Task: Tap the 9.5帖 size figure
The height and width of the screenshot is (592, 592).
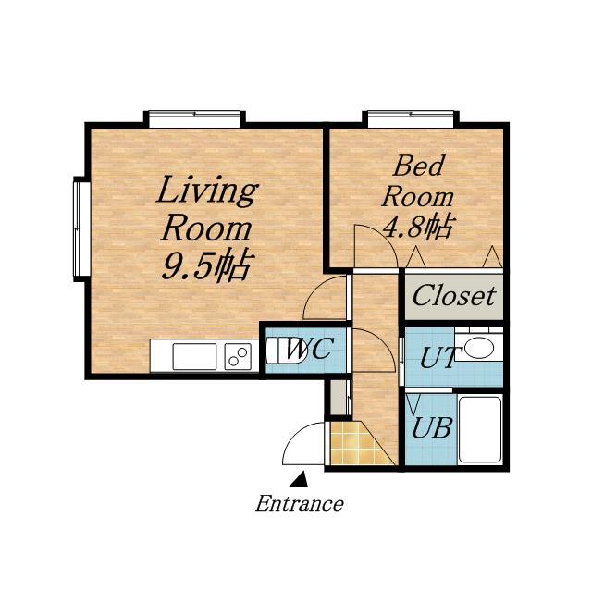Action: click(x=207, y=265)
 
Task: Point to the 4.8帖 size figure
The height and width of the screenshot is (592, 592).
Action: click(x=417, y=226)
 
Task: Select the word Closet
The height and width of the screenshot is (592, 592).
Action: click(x=454, y=296)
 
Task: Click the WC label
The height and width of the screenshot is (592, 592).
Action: click(x=309, y=349)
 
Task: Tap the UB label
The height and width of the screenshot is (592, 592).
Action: click(x=432, y=428)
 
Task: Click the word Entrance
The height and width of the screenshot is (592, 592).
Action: click(x=300, y=503)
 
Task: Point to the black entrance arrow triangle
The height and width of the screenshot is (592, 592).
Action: click(x=300, y=479)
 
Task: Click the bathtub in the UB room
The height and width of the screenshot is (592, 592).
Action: click(x=480, y=429)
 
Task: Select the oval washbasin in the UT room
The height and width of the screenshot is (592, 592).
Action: click(x=479, y=348)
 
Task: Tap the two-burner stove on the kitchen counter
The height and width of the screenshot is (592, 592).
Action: click(x=238, y=356)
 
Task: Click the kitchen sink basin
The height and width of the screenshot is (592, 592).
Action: click(x=194, y=356)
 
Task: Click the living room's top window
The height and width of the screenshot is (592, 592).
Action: click(x=194, y=119)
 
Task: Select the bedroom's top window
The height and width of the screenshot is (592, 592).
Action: click(x=411, y=119)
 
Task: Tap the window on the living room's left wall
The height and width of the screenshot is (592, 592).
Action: click(x=81, y=229)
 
